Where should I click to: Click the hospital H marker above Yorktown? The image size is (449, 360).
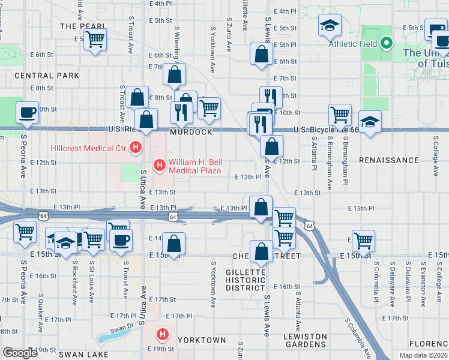coord(161,334)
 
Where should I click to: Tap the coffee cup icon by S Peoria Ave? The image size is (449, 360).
coord(26,113)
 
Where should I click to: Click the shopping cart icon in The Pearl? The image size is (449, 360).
coord(94,40)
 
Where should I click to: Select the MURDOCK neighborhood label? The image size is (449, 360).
coord(191,132)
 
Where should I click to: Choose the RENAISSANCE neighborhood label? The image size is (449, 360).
coord(388,160)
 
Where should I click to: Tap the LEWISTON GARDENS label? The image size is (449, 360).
coord(305,340)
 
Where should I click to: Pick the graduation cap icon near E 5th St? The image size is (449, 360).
coord(329,25)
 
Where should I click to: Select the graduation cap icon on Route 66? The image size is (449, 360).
coord(370,122)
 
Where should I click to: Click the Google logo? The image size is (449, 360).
coord(20,353)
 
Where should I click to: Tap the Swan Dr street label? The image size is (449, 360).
coord(121,329)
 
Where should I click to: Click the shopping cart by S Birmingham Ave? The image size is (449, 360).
coord(340,113)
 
